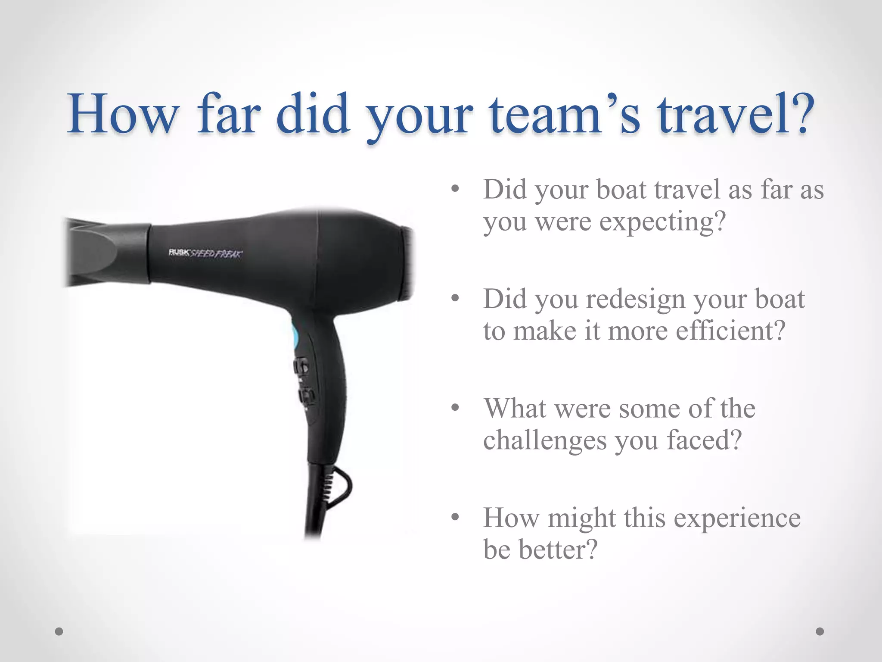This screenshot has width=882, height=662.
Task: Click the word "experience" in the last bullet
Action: click(x=737, y=518)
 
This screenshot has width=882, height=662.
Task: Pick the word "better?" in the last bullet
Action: click(x=558, y=550)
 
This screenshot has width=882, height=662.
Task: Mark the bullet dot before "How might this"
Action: click(x=455, y=517)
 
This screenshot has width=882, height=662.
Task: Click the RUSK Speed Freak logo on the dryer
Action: click(x=205, y=253)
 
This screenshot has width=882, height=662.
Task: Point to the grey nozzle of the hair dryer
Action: click(x=108, y=252)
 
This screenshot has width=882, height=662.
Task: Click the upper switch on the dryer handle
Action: click(x=301, y=367)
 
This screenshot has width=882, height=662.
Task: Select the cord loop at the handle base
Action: click(x=340, y=487)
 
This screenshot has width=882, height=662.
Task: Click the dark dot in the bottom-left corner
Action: click(x=59, y=631)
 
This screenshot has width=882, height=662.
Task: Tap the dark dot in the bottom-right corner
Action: click(x=820, y=631)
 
